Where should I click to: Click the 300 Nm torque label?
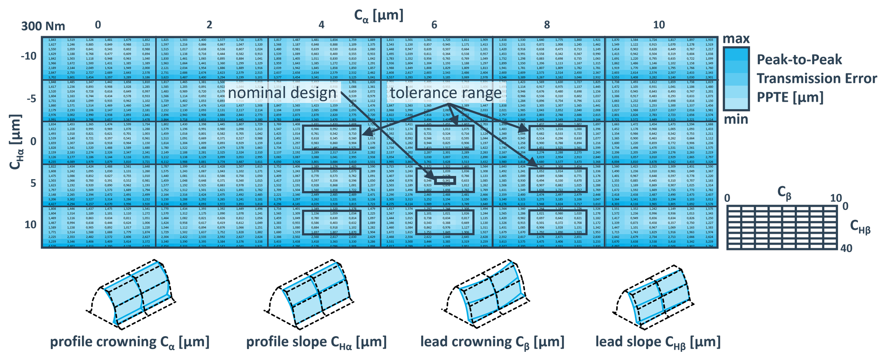pyautogui.click(x=43, y=26)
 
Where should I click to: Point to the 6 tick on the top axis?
pyautogui.click(x=434, y=25)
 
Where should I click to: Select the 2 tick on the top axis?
pyautogui.click(x=209, y=25)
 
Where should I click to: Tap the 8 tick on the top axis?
pyautogui.click(x=547, y=25)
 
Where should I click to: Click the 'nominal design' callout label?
pyautogui.click(x=282, y=93)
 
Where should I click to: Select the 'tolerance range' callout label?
pyautogui.click(x=445, y=93)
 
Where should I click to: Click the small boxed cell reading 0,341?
pyautogui.click(x=446, y=181)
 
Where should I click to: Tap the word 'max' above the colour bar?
pyautogui.click(x=736, y=39)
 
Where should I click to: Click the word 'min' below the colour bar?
pyautogui.click(x=736, y=120)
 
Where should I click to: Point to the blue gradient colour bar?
pyautogui.click(x=736, y=79)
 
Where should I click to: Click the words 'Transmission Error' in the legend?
pyautogui.click(x=817, y=78)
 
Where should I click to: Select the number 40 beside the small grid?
pyautogui.click(x=846, y=248)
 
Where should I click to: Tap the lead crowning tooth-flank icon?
pyautogui.click(x=491, y=293)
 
